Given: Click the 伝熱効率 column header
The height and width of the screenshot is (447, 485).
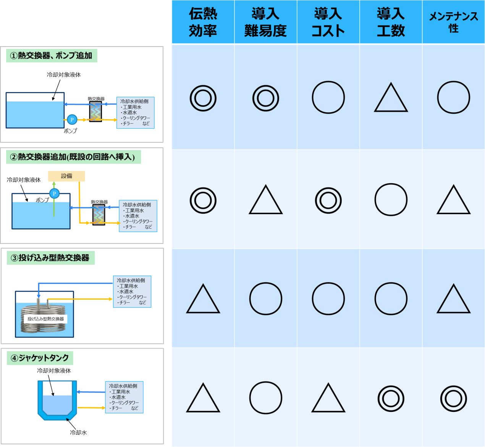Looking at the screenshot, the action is [203, 22].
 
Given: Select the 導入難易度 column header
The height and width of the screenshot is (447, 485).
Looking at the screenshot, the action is [265, 22].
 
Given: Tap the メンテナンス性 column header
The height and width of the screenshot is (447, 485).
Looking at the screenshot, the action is [454, 22].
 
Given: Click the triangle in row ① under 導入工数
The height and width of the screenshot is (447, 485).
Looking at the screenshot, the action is [391, 97].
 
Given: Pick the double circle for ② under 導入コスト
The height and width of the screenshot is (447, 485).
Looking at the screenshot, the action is [328, 200].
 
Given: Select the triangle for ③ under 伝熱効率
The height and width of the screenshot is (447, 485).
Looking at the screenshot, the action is [203, 299].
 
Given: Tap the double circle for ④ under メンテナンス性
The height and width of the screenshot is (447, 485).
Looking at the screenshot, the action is [454, 399].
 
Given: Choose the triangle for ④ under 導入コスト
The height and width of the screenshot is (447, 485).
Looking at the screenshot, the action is [328, 398].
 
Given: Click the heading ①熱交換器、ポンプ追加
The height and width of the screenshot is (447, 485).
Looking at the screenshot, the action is [51, 56].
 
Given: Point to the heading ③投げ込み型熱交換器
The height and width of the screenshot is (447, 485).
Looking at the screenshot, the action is [50, 258].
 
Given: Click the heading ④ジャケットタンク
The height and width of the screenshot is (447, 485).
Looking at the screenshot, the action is [40, 358].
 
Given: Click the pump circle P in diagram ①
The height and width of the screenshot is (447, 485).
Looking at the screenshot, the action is [72, 119].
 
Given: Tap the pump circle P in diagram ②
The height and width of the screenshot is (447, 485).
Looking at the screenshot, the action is [54, 194].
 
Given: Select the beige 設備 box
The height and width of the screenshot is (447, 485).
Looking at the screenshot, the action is [66, 176].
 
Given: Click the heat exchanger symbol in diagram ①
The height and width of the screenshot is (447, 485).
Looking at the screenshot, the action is [95, 111].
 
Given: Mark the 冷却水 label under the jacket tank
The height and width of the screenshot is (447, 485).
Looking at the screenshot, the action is [78, 432].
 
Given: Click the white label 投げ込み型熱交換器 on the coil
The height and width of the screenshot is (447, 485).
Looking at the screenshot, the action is [45, 319].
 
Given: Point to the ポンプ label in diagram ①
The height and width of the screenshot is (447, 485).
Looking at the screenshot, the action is [70, 131].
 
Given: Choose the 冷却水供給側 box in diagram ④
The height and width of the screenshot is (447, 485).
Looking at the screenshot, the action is [124, 397].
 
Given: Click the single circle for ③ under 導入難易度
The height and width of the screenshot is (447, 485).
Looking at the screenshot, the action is [265, 299].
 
